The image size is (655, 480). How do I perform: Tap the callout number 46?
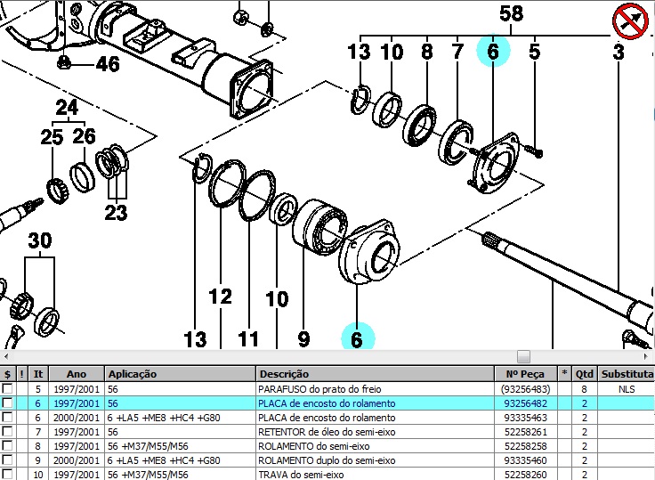point(107,64)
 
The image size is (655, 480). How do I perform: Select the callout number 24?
point(67,109)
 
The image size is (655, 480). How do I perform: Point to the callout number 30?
point(39,240)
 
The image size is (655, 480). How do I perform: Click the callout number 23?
point(116,212)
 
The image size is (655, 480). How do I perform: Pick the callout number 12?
point(220,297)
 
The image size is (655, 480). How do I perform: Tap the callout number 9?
point(303,338)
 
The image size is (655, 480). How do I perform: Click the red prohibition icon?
point(629,20)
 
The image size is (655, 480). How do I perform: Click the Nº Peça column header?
point(524,374)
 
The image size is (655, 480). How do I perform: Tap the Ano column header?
point(76,374)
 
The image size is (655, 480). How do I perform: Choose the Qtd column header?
point(584,374)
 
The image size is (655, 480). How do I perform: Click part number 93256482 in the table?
point(524,403)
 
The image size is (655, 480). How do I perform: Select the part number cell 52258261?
point(524,432)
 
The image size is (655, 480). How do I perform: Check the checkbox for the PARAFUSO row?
point(8,389)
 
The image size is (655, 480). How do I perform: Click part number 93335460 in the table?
point(524,460)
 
